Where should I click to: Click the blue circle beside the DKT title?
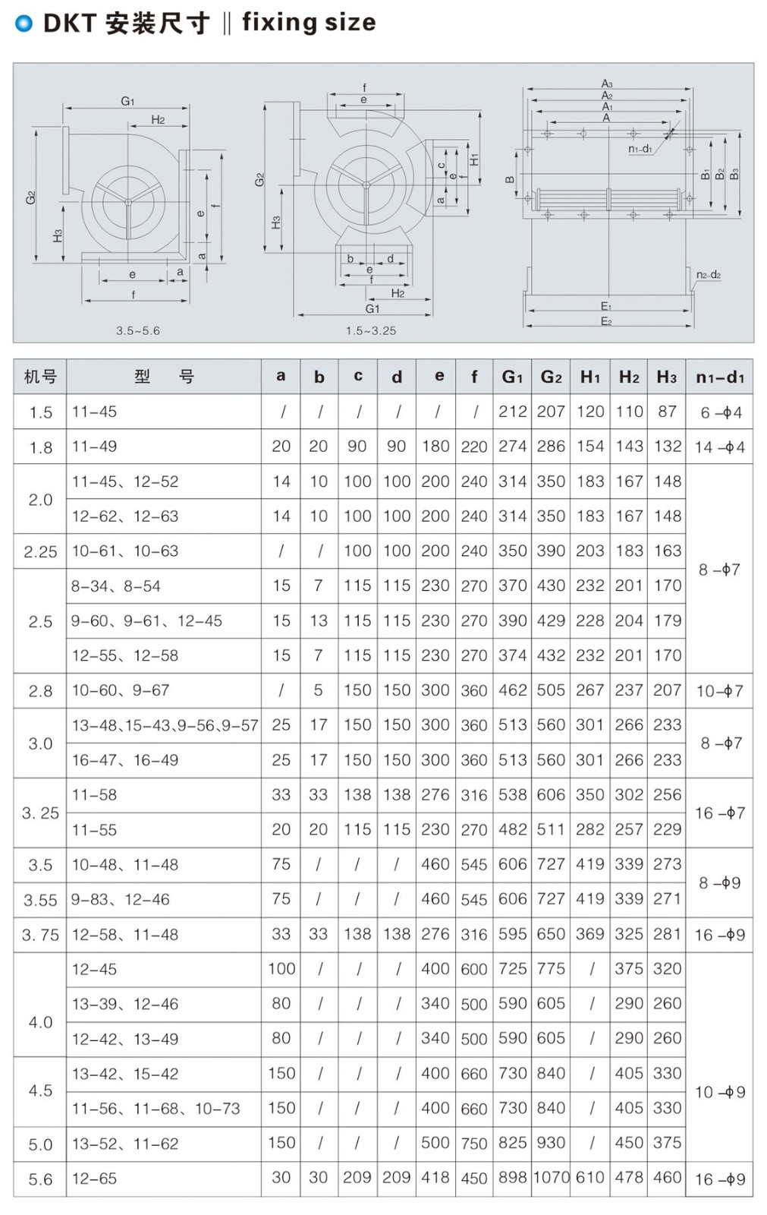point(24,24)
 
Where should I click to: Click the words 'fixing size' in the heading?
point(309,23)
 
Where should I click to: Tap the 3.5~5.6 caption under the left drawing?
point(137,331)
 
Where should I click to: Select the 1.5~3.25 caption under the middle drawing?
point(370,331)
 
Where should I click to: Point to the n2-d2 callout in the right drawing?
point(708,275)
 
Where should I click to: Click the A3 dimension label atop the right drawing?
point(607,84)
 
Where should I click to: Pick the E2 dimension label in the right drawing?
point(606,322)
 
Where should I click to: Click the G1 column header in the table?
point(512,377)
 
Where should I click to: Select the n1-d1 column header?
point(719,377)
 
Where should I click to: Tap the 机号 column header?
point(40,377)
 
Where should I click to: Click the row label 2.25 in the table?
point(40,552)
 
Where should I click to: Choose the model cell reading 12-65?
point(95,1179)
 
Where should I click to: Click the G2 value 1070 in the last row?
point(552,1178)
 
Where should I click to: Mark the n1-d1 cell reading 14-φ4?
point(719,447)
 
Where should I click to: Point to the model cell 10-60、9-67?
point(121,690)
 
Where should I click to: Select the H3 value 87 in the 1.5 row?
point(667,412)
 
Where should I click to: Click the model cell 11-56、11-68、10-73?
point(156,1109)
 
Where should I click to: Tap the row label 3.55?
point(40,901)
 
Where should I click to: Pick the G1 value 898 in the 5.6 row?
point(512,1178)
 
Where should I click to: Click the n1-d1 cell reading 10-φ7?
point(719,691)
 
